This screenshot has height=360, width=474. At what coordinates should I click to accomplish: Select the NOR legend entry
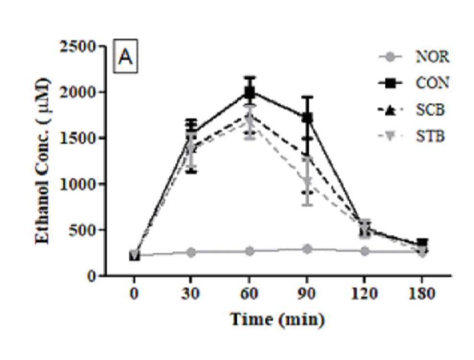click(432, 57)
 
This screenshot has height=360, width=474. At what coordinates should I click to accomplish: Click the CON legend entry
click(432, 83)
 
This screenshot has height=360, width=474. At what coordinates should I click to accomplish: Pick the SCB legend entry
click(430, 110)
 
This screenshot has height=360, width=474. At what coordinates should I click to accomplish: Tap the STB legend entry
click(430, 136)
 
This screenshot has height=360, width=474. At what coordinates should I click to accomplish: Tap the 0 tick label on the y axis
click(92, 276)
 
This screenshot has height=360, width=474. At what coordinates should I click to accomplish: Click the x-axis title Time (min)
click(278, 320)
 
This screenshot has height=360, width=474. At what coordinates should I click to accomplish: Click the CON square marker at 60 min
click(249, 92)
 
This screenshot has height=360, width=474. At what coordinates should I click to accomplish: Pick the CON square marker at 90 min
click(308, 118)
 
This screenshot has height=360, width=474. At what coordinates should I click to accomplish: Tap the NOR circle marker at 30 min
click(191, 252)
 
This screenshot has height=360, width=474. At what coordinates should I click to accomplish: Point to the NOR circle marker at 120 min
click(365, 251)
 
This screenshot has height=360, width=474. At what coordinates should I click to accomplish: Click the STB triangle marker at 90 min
click(308, 182)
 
